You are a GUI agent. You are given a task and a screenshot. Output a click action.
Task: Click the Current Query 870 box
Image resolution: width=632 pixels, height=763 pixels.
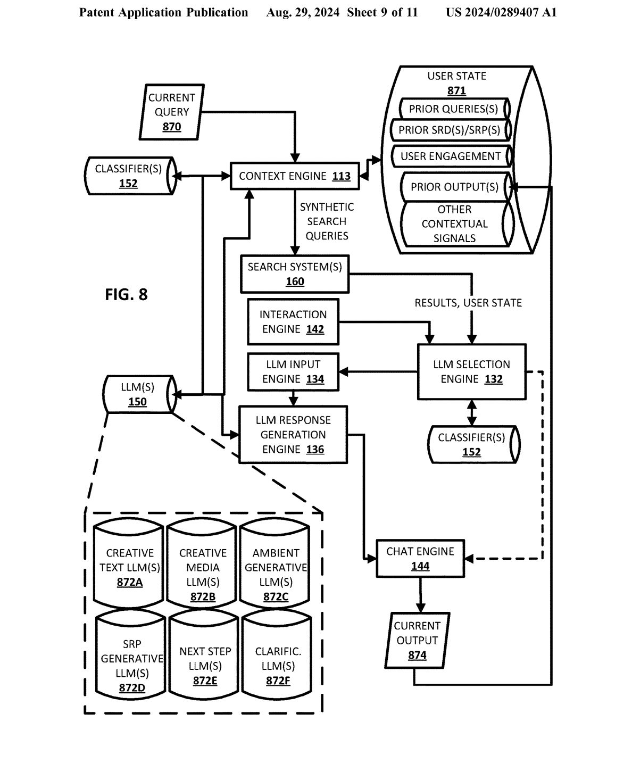tap(171, 112)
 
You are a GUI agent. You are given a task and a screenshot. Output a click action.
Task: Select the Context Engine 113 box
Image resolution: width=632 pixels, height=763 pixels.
tap(294, 176)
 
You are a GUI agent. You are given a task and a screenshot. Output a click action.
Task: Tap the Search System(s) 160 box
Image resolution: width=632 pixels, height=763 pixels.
tap(295, 274)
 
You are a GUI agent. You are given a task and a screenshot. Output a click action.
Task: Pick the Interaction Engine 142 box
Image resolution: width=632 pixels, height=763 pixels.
tap(293, 322)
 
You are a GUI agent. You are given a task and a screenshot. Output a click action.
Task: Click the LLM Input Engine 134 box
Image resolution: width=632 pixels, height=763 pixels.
tap(293, 372)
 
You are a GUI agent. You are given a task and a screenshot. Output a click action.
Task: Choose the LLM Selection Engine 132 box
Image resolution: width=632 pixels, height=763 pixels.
tap(471, 372)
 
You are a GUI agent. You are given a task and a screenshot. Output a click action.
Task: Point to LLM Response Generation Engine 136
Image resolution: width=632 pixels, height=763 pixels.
tap(293, 435)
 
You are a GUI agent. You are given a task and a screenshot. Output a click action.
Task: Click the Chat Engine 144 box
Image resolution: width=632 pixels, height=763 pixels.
tap(420, 559)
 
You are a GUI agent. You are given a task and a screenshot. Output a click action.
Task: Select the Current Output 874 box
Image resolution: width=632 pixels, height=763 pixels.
tap(417, 641)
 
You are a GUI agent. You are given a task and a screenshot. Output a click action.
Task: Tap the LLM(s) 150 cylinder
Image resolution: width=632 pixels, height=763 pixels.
tap(138, 394)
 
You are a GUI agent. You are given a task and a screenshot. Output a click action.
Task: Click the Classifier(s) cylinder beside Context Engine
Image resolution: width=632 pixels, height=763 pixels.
tap(129, 176)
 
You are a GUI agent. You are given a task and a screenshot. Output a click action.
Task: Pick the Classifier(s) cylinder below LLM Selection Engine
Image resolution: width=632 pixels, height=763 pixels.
tap(472, 444)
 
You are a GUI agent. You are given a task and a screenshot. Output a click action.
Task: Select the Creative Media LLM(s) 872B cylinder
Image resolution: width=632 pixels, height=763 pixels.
tap(202, 567)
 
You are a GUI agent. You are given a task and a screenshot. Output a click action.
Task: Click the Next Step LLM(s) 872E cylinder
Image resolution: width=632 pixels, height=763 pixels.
tap(205, 659)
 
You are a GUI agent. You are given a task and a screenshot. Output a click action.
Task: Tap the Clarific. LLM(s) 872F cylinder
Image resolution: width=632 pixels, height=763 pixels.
tap(277, 659)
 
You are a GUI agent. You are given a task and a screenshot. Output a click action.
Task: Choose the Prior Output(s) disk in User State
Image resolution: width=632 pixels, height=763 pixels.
tap(454, 187)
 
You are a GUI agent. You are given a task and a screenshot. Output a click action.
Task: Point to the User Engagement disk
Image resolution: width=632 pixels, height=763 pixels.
tap(451, 156)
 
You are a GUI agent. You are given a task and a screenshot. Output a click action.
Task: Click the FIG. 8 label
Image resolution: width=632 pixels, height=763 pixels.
tap(126, 294)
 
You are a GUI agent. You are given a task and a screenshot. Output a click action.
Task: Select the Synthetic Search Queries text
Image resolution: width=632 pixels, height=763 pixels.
tap(327, 221)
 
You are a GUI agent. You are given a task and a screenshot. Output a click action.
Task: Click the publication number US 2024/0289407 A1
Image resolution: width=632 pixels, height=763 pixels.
tap(501, 12)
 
